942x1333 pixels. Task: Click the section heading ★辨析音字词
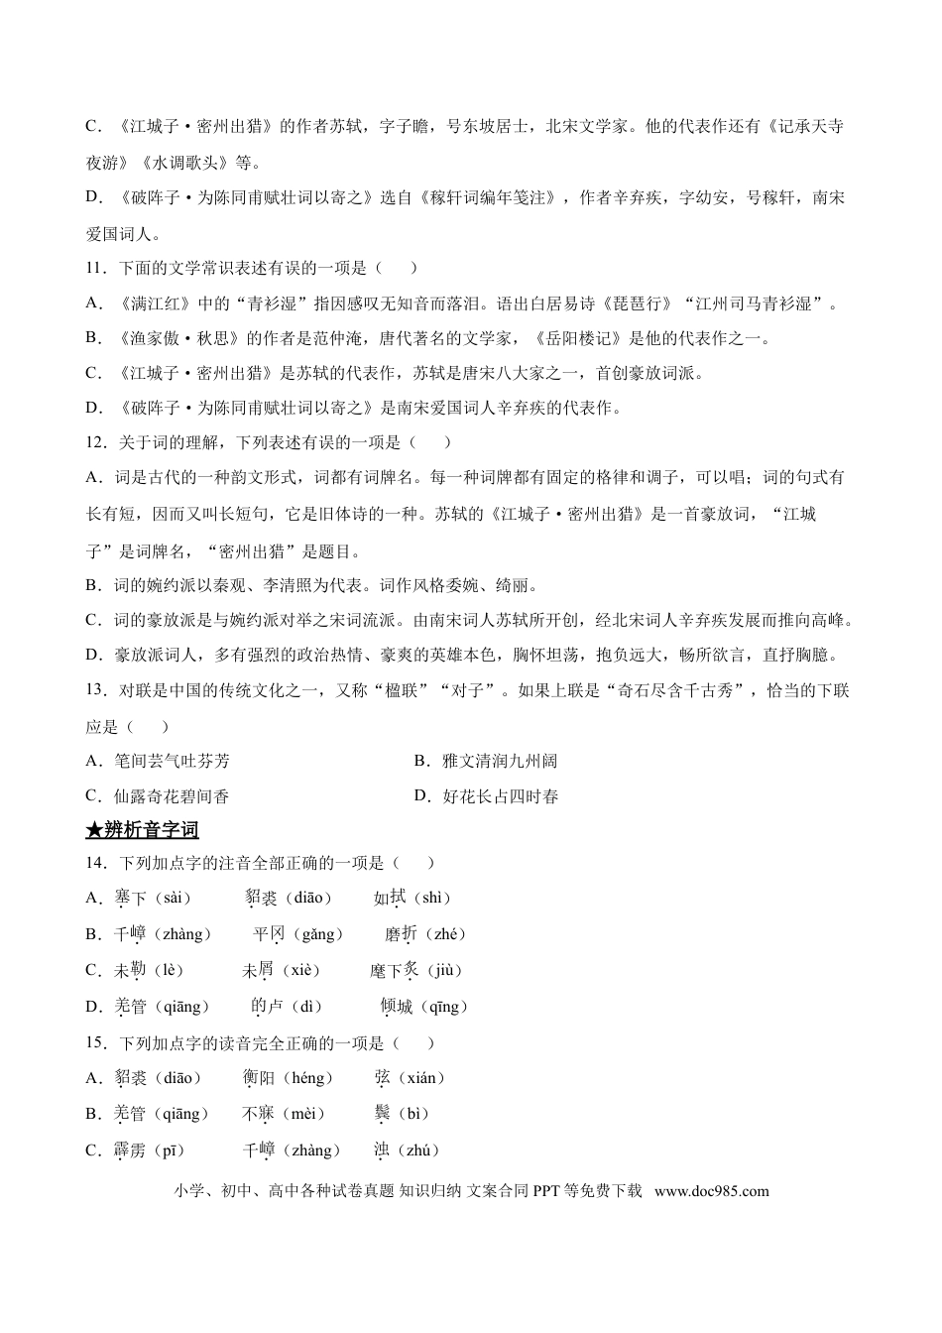(143, 829)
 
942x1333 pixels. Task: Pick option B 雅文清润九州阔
(486, 761)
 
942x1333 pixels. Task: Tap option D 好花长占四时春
(486, 795)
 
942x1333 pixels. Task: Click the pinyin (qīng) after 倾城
(443, 1007)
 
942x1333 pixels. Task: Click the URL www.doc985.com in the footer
(712, 1191)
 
